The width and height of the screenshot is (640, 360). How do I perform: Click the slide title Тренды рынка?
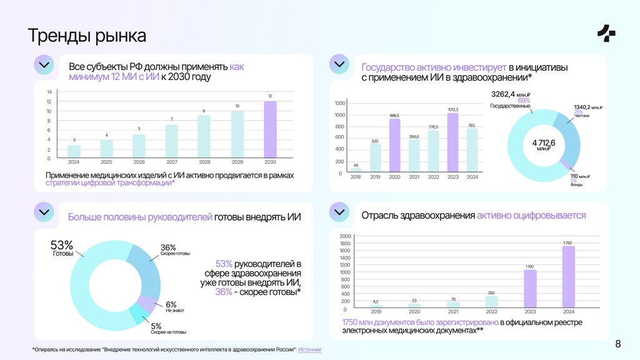(x=87, y=36)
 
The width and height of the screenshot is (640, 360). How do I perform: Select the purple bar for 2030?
(x=269, y=129)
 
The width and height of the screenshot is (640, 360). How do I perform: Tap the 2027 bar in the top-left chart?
(x=171, y=141)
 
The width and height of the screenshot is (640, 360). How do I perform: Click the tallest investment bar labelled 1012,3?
(x=453, y=142)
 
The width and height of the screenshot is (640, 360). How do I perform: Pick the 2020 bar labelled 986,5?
(x=394, y=145)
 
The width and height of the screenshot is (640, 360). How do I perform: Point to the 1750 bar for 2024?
(x=567, y=276)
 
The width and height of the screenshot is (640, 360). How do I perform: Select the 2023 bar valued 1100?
(x=530, y=288)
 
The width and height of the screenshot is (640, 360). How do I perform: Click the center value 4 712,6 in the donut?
(x=544, y=144)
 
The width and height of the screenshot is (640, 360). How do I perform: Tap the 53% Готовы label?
(x=62, y=247)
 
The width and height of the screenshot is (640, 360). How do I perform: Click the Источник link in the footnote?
(x=309, y=349)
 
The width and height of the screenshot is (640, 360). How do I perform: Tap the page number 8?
(x=618, y=344)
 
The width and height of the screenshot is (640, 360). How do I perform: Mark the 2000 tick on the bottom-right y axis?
(x=345, y=236)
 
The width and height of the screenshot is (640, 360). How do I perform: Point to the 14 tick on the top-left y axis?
(x=49, y=92)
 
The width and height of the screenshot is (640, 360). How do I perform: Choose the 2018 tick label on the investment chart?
(x=356, y=177)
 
